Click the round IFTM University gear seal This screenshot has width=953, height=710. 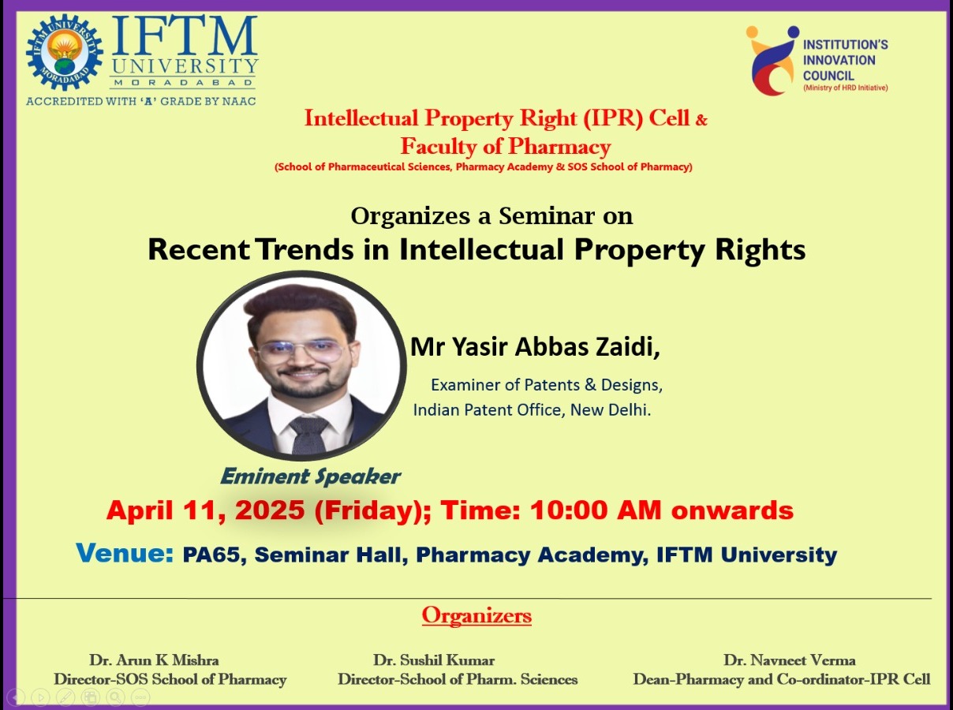(64, 52)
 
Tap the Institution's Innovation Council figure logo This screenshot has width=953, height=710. (772, 60)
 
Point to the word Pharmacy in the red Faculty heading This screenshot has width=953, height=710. (559, 147)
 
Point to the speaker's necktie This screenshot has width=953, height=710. (308, 434)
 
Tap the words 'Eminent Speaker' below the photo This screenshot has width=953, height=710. (310, 476)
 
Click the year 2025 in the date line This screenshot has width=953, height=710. (271, 510)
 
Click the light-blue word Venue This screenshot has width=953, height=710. (125, 553)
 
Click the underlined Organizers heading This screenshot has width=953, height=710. (476, 615)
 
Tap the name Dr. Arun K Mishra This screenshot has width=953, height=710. (154, 660)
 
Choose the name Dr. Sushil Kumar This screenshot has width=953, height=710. (434, 660)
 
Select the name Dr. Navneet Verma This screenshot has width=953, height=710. (789, 660)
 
